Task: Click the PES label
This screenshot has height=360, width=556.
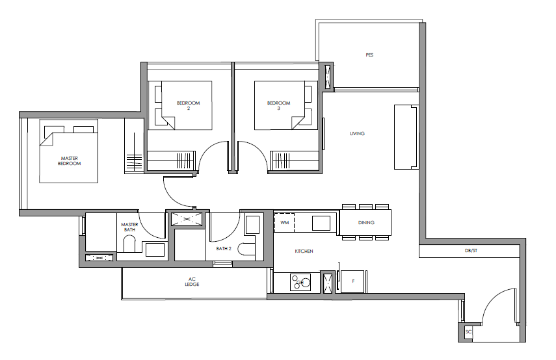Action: point(369,55)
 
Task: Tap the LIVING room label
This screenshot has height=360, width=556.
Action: point(357,134)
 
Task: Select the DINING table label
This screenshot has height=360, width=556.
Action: point(366,222)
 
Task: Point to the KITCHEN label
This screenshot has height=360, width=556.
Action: point(304,251)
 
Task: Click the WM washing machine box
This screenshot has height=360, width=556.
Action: point(284,222)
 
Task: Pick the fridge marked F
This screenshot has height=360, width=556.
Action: point(353,281)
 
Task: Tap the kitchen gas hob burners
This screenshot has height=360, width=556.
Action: point(300,283)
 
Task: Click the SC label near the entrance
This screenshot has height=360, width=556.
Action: point(468,332)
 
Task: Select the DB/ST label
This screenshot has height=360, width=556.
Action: point(471,251)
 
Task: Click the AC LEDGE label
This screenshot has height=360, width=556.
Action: point(192,281)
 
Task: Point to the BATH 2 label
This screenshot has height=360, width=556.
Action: point(224,249)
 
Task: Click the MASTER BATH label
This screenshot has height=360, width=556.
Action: point(129,227)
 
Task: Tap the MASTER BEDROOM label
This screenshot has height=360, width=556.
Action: point(69,161)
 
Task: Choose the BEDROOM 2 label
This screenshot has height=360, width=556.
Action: point(189,105)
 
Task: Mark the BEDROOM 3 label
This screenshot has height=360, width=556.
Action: point(278,105)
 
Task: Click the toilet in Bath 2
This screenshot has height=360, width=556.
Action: point(247,249)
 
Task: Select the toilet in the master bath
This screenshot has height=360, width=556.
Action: point(129,244)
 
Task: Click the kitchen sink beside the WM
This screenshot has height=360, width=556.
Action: point(321,224)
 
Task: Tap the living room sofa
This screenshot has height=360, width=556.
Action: point(406,136)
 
